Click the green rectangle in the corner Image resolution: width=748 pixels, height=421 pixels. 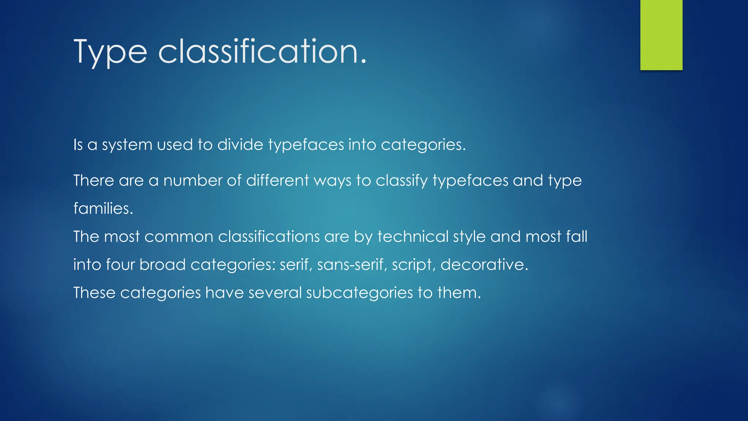tap(661, 35)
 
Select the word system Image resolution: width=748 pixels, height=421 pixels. tap(127, 145)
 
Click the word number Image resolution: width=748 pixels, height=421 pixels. tap(192, 181)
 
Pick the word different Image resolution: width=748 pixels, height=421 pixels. tap(277, 181)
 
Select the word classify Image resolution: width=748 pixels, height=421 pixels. tap(401, 181)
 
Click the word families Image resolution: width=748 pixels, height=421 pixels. tap(103, 209)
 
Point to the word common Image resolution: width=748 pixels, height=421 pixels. tap(179, 237)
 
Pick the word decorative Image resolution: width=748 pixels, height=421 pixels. tap(484, 265)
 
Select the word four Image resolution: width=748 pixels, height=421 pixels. tap(120, 265)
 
